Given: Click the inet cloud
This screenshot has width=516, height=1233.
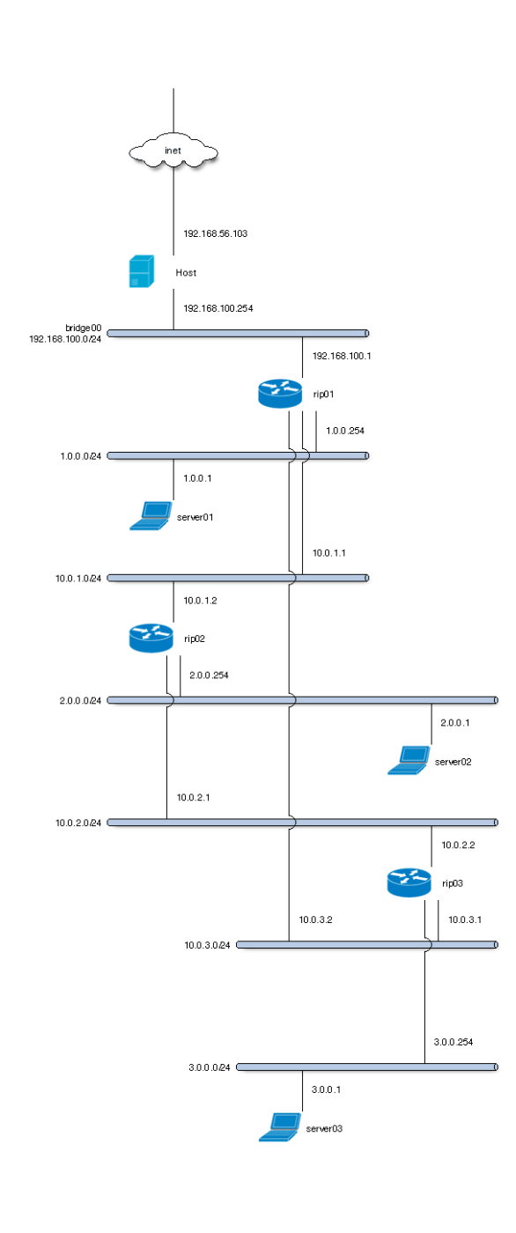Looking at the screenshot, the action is click(x=173, y=151).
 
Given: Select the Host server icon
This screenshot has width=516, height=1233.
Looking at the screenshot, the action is click(x=142, y=271).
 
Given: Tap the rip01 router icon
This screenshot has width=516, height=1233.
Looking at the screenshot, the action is click(x=280, y=394).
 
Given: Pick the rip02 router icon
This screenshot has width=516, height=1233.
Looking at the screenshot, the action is click(x=151, y=638).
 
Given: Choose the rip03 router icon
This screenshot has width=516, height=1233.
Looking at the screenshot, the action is click(x=409, y=882).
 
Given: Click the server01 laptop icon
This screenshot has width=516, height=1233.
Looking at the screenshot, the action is click(x=151, y=516).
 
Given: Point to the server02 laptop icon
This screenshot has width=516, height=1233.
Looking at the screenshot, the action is click(x=409, y=760).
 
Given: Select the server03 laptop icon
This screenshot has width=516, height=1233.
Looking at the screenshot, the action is click(x=280, y=1126).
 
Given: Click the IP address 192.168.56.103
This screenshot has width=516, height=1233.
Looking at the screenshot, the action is click(x=215, y=233).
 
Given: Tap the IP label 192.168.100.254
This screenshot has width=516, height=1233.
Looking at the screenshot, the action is click(x=217, y=308).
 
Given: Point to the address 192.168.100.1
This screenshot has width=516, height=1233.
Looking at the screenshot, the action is click(x=342, y=356).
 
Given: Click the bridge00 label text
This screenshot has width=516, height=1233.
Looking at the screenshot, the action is click(x=83, y=328).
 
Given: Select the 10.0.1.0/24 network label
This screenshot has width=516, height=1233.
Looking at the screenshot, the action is click(x=78, y=579).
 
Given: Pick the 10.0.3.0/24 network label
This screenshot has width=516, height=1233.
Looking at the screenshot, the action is click(x=207, y=945).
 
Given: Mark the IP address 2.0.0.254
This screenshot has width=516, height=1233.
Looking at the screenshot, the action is click(x=209, y=675).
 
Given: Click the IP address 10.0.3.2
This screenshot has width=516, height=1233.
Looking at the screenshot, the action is click(x=315, y=919).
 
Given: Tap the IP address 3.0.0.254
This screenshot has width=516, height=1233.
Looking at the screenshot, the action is click(x=453, y=1041).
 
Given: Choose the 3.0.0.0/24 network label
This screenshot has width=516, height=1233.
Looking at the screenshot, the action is click(x=209, y=1067).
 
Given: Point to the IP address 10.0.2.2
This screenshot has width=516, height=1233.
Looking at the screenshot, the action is click(x=458, y=845).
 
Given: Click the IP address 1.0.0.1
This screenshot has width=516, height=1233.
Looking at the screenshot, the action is click(x=197, y=477).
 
